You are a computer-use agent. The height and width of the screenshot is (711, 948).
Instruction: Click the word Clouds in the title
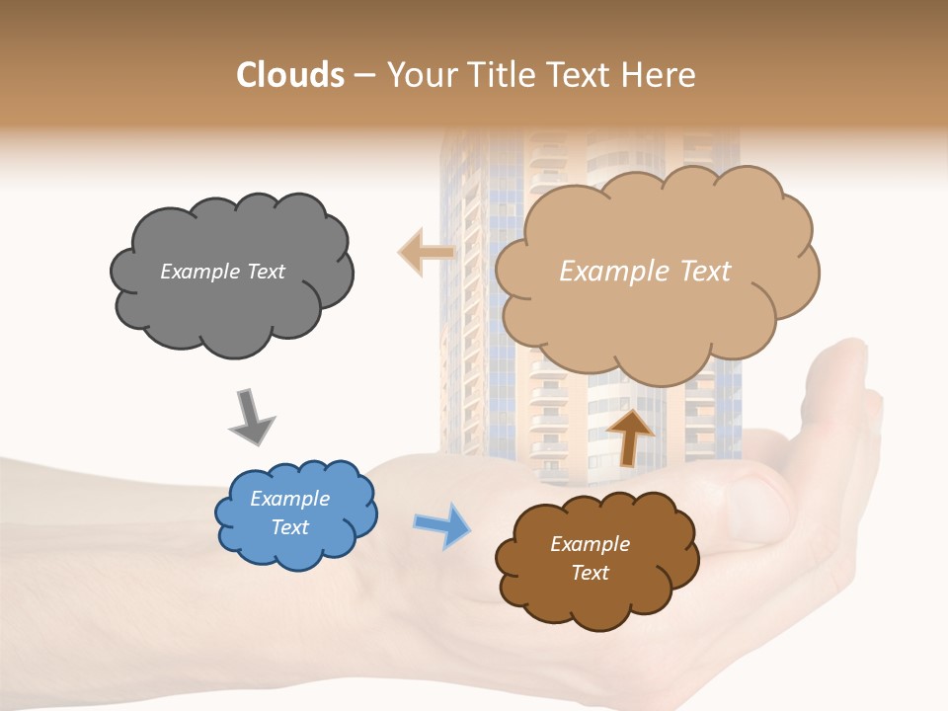290,75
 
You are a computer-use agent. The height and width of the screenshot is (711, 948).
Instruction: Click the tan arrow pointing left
427,252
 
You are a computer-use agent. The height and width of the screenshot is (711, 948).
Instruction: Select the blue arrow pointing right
441,524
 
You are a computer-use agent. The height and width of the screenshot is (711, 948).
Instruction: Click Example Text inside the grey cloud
222,272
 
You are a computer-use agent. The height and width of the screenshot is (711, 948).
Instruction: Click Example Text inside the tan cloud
645,272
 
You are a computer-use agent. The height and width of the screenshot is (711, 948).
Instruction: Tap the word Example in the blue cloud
289,499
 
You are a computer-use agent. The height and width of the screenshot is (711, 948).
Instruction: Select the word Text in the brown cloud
590,573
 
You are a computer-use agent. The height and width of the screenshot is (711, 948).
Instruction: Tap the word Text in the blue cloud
289,527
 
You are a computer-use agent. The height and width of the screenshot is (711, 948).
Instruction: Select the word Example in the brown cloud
590,544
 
